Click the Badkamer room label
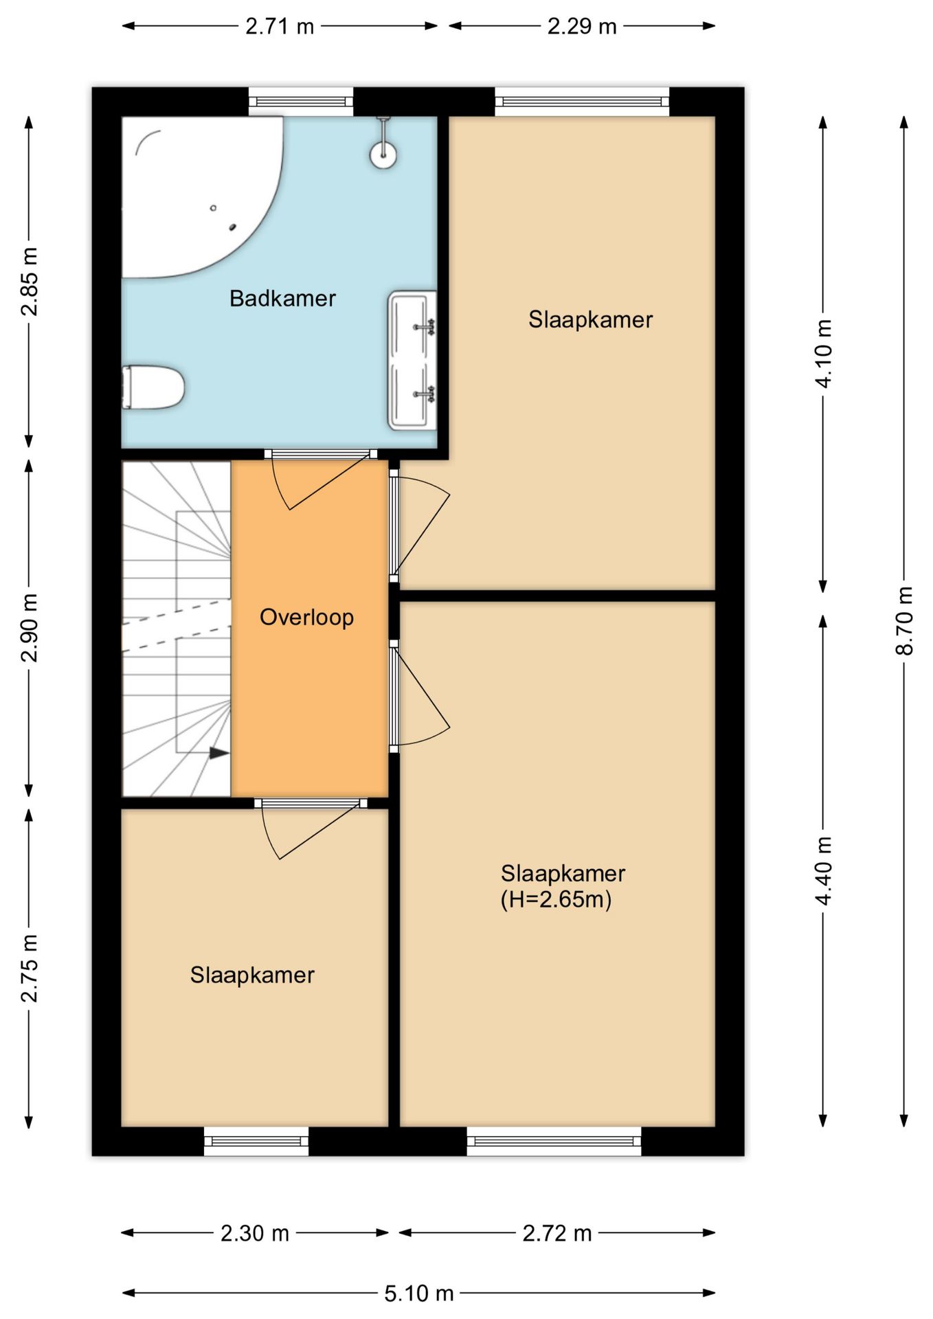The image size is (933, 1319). (282, 298)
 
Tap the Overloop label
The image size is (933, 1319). (306, 617)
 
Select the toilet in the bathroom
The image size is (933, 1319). (153, 387)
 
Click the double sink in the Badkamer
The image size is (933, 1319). (412, 361)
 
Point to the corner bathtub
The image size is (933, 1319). (199, 192)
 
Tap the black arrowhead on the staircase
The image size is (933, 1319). (218, 753)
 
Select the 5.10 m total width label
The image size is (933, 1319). (419, 1294)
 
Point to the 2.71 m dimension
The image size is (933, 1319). (280, 26)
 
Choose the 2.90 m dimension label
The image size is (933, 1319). (29, 627)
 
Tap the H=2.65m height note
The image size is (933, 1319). (556, 899)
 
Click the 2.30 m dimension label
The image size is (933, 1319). (255, 1233)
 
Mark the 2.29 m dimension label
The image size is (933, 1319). (582, 26)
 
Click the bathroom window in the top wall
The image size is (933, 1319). (301, 102)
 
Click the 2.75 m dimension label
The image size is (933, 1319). (29, 968)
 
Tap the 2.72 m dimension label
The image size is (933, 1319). (557, 1233)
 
